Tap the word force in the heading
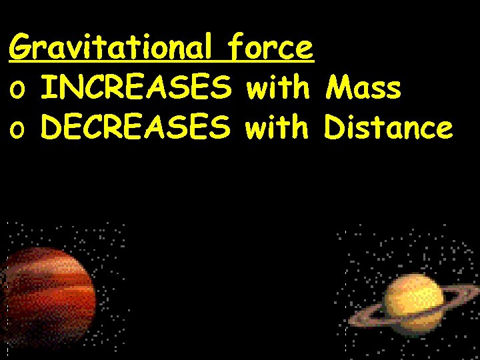click(x=269, y=48)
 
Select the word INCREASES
click(x=136, y=88)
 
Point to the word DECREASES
click(x=136, y=127)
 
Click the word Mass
click(x=363, y=88)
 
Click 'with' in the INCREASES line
click(x=277, y=88)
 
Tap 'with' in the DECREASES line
click(x=277, y=127)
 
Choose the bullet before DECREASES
click(x=18, y=131)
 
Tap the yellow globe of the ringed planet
click(x=413, y=300)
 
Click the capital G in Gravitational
click(x=22, y=48)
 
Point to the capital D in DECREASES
click(x=51, y=127)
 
